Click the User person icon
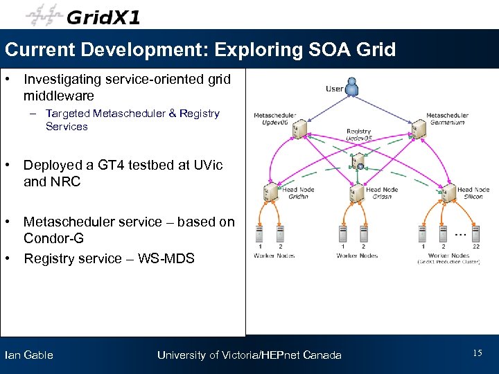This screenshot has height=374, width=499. (x=353, y=87)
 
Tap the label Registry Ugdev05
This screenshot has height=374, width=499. (x=358, y=134)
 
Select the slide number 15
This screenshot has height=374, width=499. (x=477, y=353)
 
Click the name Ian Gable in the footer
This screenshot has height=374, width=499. (x=28, y=355)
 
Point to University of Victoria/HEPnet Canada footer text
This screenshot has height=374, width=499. (x=249, y=355)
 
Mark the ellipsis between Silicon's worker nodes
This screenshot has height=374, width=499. (x=459, y=234)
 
